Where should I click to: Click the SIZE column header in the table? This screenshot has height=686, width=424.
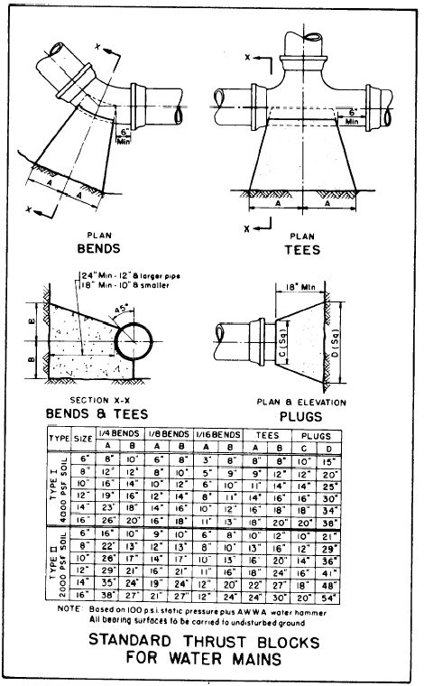pyautogui.click(x=82, y=441)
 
